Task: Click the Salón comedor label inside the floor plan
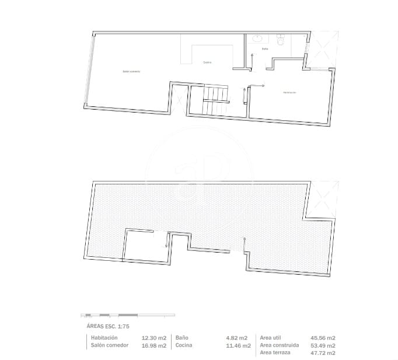131,71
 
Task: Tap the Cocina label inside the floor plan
207,62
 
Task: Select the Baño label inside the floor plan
264,49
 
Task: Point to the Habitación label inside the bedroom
289,92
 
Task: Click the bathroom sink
258,39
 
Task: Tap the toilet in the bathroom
281,41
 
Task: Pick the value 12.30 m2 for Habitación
154,338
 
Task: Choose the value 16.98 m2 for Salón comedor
154,345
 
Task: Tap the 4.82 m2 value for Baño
237,338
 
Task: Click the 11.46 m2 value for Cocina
237,345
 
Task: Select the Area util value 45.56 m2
322,338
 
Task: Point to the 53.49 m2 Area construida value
322,345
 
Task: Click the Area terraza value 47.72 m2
322,353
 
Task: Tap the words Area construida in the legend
280,345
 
